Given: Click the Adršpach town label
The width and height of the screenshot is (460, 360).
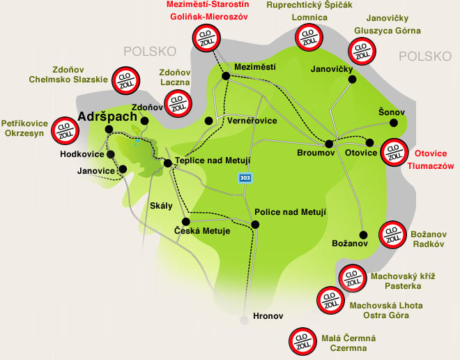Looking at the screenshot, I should point(107,117).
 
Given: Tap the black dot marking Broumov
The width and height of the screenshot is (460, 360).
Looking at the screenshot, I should point(332,140).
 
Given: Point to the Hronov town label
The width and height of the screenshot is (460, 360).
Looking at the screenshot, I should point(268,316).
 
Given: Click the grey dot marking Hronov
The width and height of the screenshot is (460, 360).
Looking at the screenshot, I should point(243,320).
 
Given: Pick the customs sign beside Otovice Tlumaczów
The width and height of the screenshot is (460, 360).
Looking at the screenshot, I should point(394,152).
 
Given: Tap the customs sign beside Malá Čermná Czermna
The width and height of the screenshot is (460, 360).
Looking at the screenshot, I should point(302,339).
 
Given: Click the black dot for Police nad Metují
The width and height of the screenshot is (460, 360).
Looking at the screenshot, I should point(255,224).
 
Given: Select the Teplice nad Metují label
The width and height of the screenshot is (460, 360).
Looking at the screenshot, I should point(212,160).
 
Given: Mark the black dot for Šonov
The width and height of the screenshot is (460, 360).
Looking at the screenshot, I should point(394,123).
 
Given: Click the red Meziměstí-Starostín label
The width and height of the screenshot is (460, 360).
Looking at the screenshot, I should point(208,6).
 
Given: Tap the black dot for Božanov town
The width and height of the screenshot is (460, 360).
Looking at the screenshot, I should point(363,234).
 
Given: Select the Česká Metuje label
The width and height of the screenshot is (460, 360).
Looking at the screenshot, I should point(202,231).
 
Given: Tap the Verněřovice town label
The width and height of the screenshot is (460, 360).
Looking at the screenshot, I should point(252,121).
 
